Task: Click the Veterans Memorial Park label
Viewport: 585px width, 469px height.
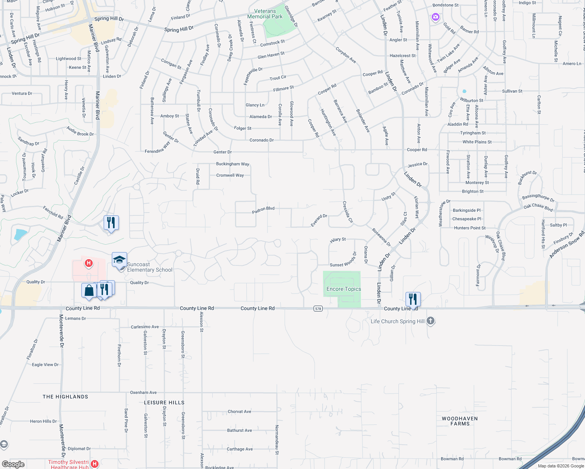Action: tap(265, 14)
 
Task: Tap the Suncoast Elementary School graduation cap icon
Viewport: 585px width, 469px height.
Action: tap(119, 260)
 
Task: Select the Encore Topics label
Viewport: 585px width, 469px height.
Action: tap(344, 289)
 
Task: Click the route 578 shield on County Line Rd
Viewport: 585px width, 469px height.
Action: tap(318, 309)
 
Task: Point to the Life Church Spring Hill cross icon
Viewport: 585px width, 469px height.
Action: tap(431, 321)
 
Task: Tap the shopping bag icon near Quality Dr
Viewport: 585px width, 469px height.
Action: tap(89, 291)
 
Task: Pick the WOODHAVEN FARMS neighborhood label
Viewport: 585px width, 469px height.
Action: tap(460, 421)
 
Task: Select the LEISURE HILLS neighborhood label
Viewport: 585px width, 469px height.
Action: tap(164, 403)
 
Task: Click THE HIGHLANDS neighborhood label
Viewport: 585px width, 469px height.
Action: tap(65, 397)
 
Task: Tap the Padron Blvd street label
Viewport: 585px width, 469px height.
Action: tap(263, 210)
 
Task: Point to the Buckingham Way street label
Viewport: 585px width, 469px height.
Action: tap(233, 164)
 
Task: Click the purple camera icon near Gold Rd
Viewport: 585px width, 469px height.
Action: tap(435, 17)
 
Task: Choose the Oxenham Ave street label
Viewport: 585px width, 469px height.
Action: tap(143, 392)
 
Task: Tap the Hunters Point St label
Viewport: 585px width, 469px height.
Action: tap(470, 228)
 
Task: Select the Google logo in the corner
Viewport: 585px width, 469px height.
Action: tap(13, 464)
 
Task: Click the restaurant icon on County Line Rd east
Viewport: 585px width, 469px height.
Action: tap(413, 299)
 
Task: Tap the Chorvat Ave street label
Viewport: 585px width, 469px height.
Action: tap(239, 412)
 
